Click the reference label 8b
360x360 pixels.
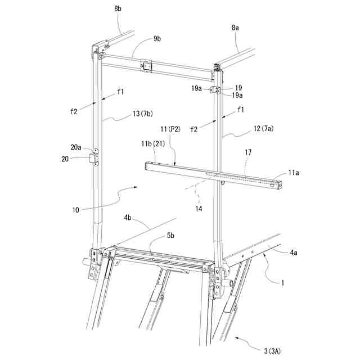(x=118, y=9)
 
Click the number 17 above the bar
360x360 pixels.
(x=247, y=152)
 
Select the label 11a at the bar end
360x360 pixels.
(x=294, y=174)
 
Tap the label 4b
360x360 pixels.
(x=128, y=217)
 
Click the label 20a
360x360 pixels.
(x=76, y=147)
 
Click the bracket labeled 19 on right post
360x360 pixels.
(x=216, y=91)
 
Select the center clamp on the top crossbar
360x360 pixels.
(x=147, y=66)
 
